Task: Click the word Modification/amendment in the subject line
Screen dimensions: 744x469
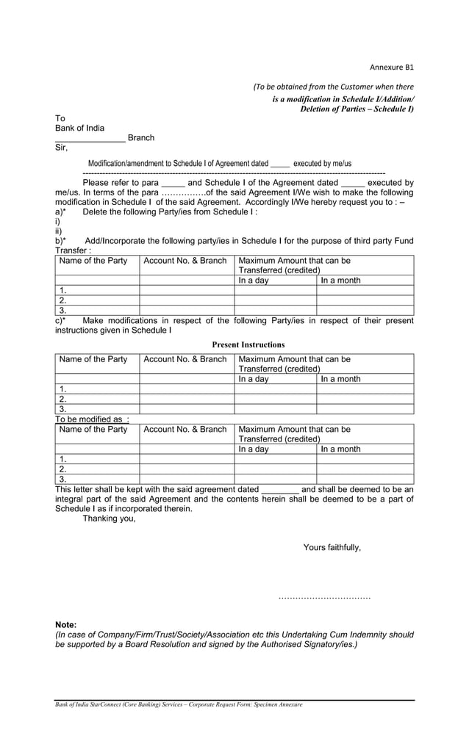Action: (x=126, y=163)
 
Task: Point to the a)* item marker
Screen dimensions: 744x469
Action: (x=60, y=212)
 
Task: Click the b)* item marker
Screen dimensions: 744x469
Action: (x=60, y=240)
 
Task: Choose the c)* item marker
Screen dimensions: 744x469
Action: (x=60, y=320)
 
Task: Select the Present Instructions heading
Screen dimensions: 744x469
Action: (x=248, y=344)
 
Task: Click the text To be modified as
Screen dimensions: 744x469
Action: (x=91, y=419)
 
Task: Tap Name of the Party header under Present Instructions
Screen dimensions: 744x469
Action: (x=93, y=359)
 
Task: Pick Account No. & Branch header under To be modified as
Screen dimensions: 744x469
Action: (x=185, y=429)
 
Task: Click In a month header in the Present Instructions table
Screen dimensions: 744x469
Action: (x=340, y=379)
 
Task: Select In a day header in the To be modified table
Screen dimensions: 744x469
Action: (x=254, y=449)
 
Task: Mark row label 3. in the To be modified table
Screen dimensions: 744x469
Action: (x=62, y=479)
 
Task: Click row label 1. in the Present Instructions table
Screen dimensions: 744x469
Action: (x=62, y=389)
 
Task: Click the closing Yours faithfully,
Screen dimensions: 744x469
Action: (x=332, y=547)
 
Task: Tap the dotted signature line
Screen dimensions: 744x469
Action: (x=324, y=598)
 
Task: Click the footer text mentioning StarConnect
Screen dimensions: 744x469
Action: (x=179, y=704)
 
